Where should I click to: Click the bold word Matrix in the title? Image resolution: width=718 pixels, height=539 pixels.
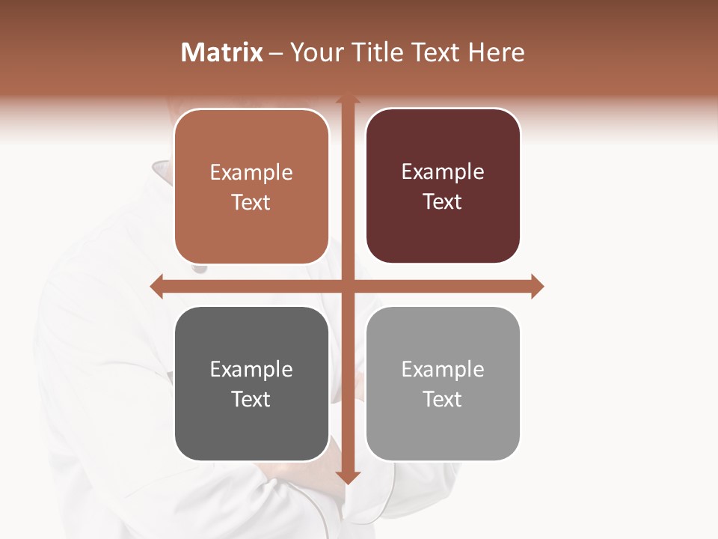coord(222,52)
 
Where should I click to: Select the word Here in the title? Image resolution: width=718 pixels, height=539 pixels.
coord(496,52)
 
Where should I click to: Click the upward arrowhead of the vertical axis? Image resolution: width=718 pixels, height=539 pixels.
coord(348,100)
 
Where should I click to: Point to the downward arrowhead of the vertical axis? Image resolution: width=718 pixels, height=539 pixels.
coord(348,477)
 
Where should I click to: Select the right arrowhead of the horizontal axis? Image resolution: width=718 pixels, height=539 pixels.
coord(537,286)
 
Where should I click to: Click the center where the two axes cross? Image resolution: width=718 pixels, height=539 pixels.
coord(348,286)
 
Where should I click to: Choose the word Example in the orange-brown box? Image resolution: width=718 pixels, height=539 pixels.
coord(251,173)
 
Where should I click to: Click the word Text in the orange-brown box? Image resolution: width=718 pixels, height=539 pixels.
coord(251,202)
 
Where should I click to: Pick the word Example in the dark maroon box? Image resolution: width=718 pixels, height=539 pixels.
coord(443,172)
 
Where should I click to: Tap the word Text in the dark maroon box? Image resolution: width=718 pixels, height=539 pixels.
coord(443,201)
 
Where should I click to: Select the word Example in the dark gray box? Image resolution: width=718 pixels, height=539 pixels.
coord(251,370)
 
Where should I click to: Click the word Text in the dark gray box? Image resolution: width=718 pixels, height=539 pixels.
coord(251,399)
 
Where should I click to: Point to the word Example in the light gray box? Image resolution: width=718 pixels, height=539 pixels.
coord(443,370)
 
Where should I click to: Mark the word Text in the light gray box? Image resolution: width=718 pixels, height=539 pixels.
coord(443,399)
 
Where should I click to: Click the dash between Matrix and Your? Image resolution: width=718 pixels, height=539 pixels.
coord(276,53)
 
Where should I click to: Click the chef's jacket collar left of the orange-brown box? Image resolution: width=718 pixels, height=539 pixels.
coord(162,171)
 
